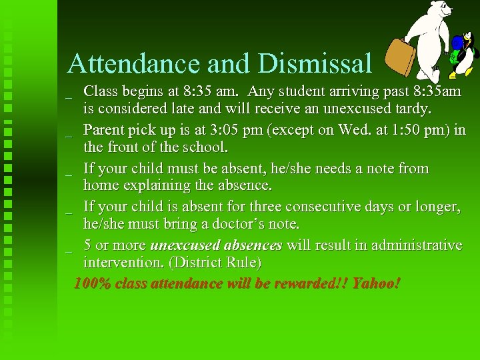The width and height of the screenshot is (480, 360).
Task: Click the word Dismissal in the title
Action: point(315,63)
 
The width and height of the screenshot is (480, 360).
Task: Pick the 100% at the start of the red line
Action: point(92,283)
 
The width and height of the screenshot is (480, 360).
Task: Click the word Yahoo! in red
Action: point(376,283)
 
